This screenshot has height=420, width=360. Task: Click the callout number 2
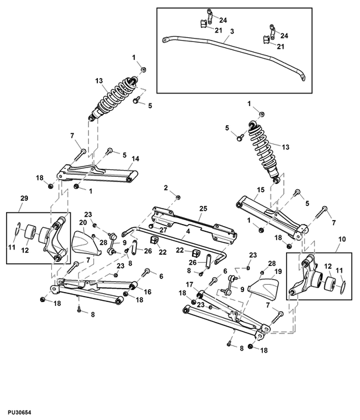point(166,189)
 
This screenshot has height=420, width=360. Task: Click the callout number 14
point(135,159)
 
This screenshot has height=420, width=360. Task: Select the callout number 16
point(147,291)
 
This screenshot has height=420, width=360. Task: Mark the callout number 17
point(189,285)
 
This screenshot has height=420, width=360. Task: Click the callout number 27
point(163,229)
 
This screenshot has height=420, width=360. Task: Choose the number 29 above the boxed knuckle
point(24,200)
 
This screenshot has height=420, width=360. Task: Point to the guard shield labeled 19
point(262,289)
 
